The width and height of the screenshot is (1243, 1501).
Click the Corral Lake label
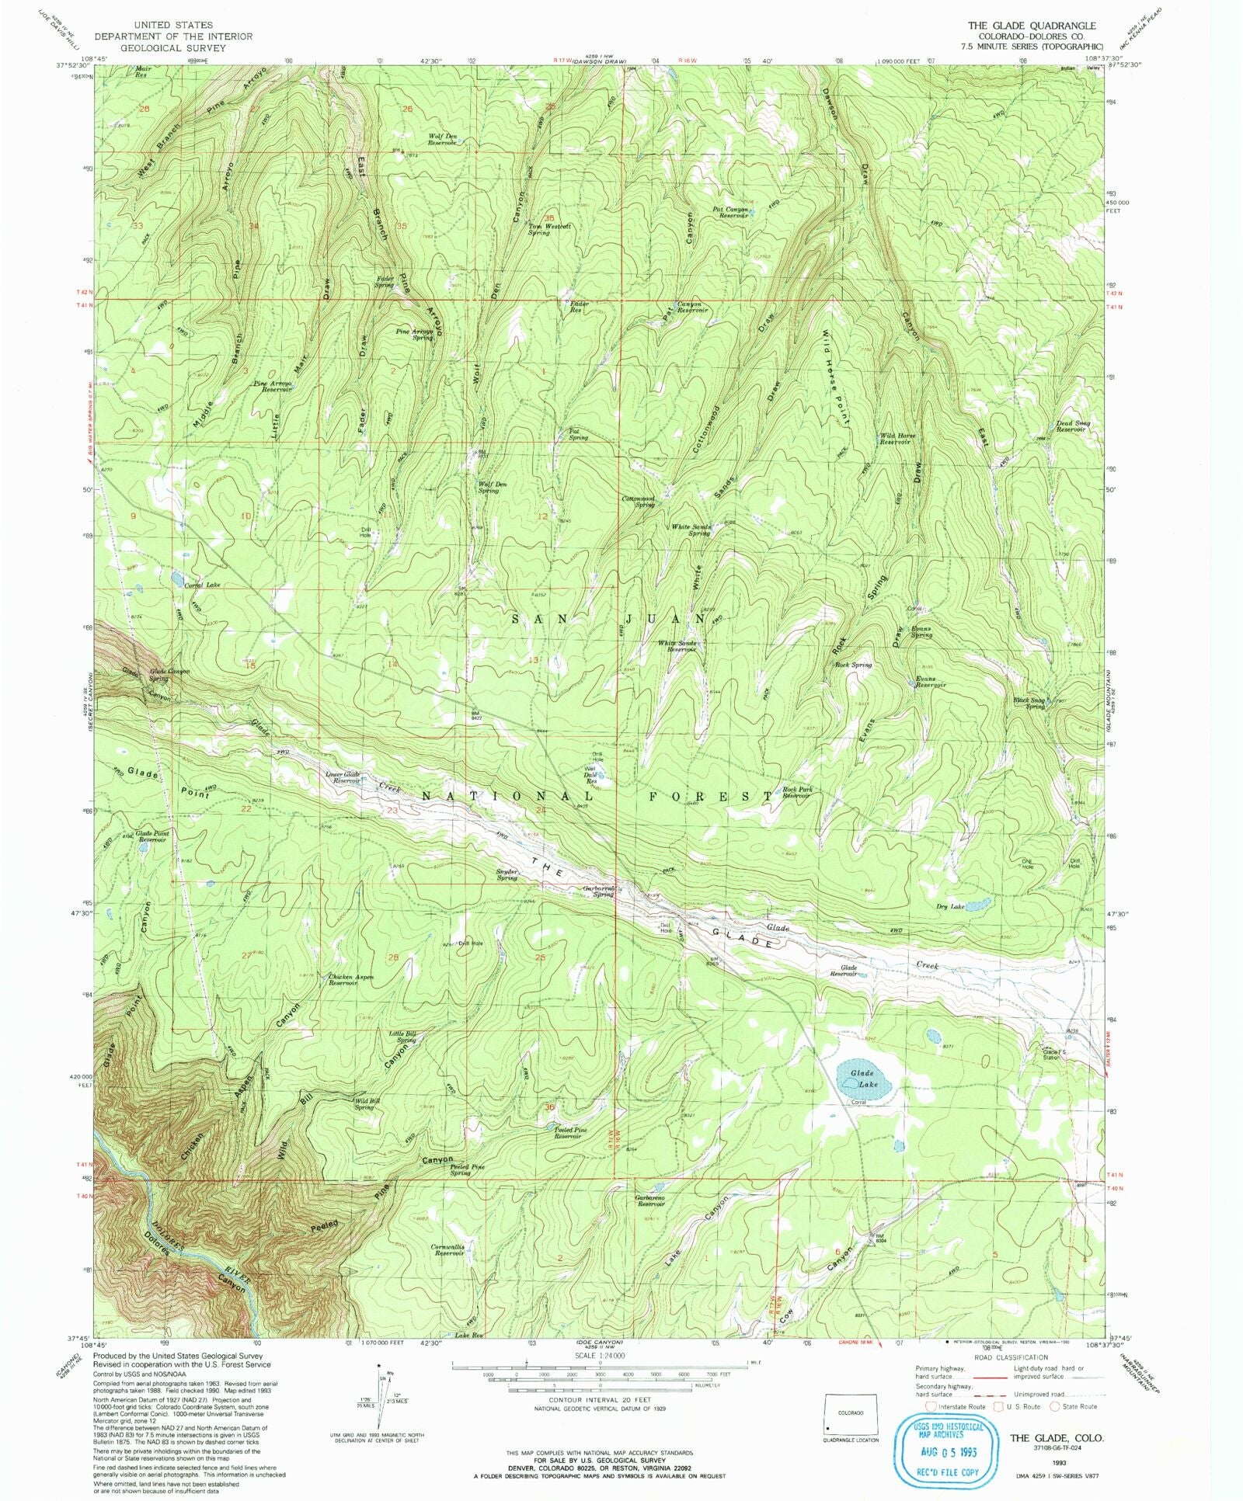click(202, 585)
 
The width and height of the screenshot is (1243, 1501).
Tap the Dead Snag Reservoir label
click(1073, 426)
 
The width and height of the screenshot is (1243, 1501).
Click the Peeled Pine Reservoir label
click(570, 1133)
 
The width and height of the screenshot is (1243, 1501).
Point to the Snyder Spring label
click(507, 875)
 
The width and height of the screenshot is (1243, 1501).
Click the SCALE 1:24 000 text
click(599, 1355)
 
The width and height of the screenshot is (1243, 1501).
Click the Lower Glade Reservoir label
click(343, 777)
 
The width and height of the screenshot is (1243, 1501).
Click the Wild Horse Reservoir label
click(897, 439)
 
